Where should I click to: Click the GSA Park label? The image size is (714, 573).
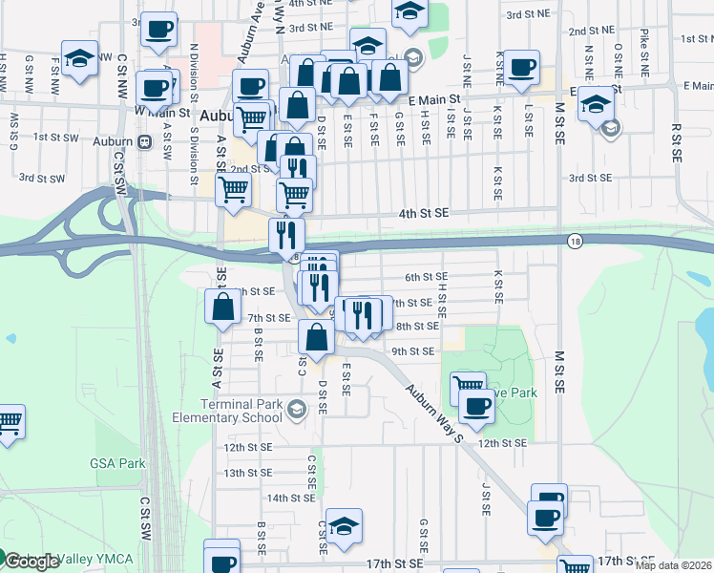(117, 463)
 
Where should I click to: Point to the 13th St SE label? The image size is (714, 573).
(247, 473)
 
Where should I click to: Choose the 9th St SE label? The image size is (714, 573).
(415, 351)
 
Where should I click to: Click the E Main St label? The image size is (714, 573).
(433, 98)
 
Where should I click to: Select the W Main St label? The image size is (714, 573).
(158, 111)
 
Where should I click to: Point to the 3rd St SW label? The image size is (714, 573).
(41, 178)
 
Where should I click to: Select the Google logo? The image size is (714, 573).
(31, 562)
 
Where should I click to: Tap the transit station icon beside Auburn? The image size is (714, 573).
(144, 141)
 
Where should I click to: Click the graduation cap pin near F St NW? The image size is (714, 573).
(80, 57)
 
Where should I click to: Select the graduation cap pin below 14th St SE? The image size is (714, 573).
(344, 526)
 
